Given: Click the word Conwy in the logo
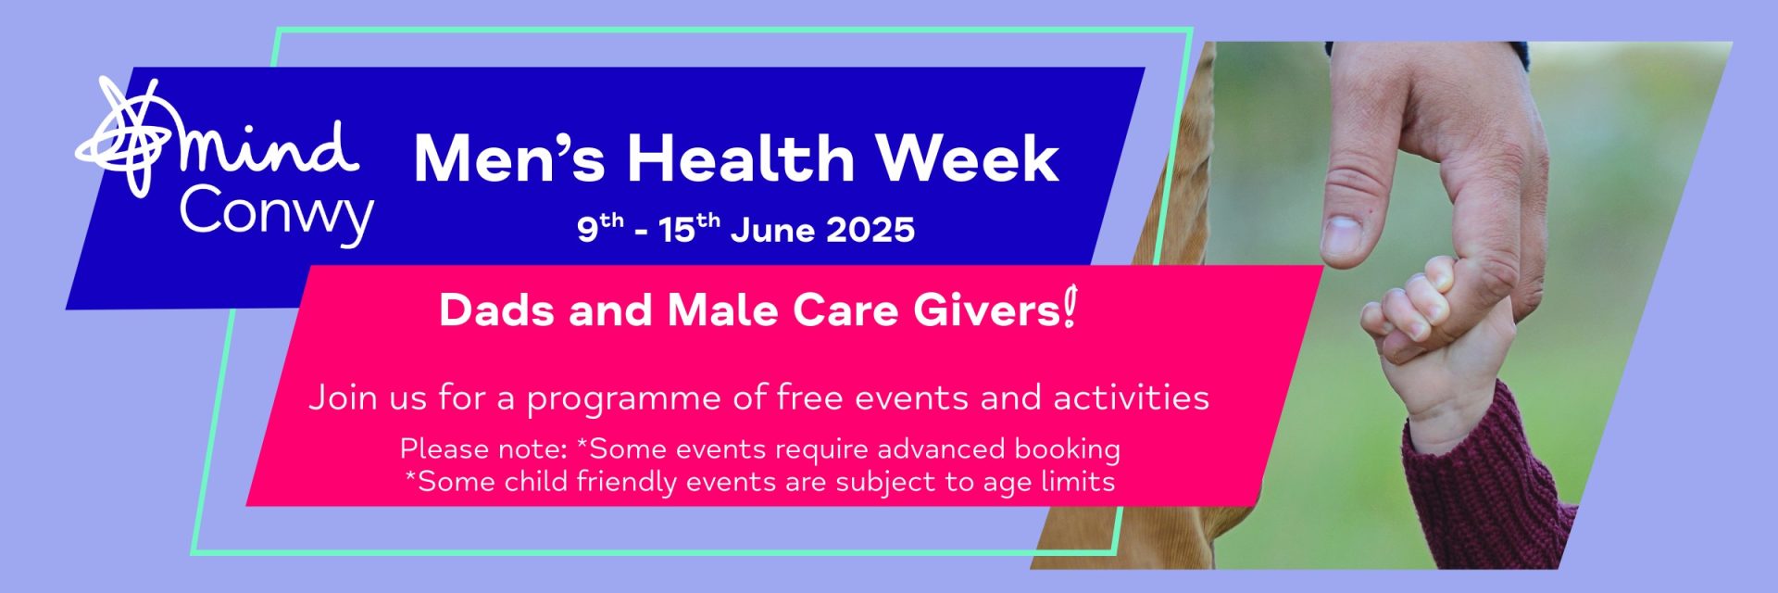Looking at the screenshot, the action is (276, 215).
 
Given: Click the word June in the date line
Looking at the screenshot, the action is (773, 230).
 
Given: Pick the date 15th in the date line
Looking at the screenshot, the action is (689, 228).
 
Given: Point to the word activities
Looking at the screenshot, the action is (1131, 397).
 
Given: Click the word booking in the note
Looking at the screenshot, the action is (1067, 449).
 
